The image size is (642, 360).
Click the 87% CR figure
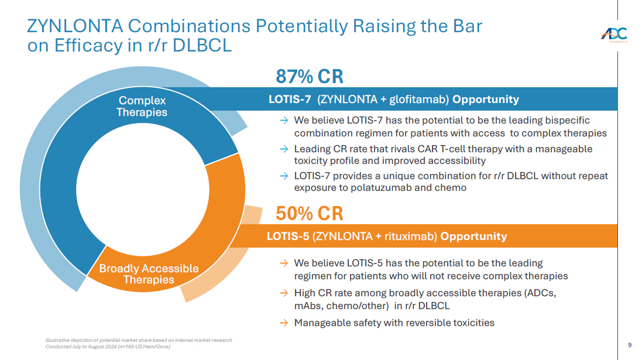coord(309,77)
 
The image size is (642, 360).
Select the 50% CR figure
coord(309,214)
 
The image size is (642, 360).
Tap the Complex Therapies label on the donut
coord(142,107)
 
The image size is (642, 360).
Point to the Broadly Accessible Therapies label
coord(149,274)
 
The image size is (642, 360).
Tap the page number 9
coord(630,345)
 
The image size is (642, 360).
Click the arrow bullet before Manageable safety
coord(284,323)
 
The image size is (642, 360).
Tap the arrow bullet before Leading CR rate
coord(284,149)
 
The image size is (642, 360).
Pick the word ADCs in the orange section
coord(537,293)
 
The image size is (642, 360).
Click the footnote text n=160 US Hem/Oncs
coord(146,346)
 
